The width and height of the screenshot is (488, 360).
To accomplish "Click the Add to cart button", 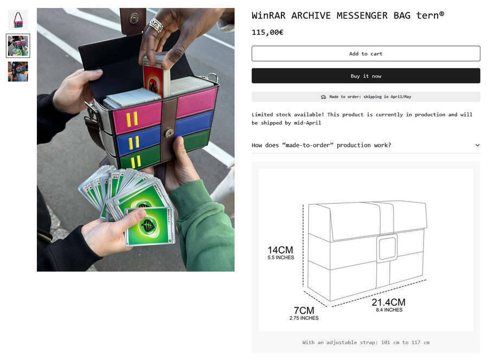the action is click(x=365, y=54).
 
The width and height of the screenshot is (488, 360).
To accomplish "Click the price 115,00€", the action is click(x=267, y=33).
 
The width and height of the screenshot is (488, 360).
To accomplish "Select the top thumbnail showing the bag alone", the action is click(x=18, y=20).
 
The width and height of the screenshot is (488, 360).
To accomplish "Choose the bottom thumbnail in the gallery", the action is click(x=18, y=72).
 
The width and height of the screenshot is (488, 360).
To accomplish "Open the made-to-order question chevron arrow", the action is click(x=477, y=145).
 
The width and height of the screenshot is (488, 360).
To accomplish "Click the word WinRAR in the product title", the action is click(x=268, y=16).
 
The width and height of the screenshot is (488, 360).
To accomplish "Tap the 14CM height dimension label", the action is click(x=280, y=252).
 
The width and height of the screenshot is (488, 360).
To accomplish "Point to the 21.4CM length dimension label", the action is click(x=389, y=305).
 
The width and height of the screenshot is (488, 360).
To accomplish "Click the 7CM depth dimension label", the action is click(x=304, y=313).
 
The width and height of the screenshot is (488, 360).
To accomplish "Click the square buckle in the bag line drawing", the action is click(x=387, y=248).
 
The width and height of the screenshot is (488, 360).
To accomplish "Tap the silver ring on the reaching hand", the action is click(x=156, y=25).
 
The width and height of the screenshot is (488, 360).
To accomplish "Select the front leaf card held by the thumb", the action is click(x=150, y=226).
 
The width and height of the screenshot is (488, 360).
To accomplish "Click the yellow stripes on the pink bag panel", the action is click(x=132, y=119).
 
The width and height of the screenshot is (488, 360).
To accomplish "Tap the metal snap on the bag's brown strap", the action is click(x=169, y=133).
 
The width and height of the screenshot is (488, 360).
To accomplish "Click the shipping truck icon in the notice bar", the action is click(x=323, y=97).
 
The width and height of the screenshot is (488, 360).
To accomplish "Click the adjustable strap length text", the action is click(x=365, y=342).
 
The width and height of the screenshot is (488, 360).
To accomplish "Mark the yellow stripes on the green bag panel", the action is click(x=136, y=162).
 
